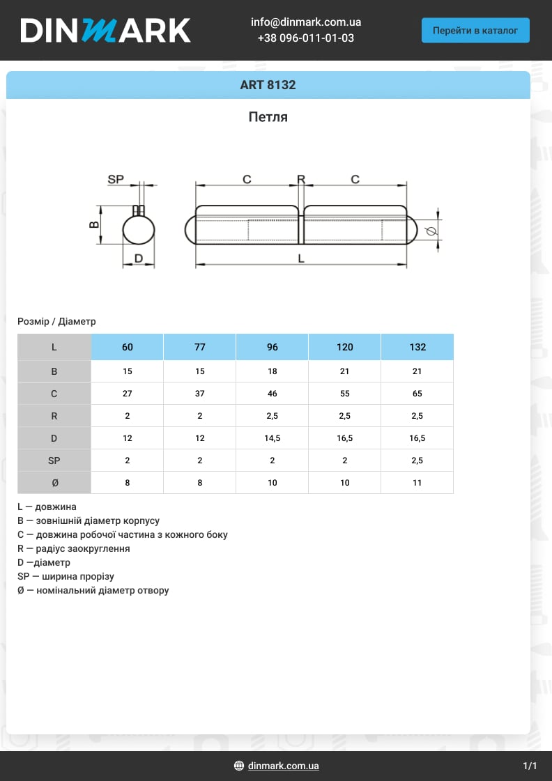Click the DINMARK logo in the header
(x=105, y=31)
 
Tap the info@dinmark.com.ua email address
(x=306, y=22)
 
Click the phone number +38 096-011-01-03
(x=306, y=38)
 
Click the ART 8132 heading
(x=268, y=85)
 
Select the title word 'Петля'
(x=268, y=117)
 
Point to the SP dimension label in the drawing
(x=116, y=180)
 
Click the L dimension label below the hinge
(x=301, y=258)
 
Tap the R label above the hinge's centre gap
(x=301, y=180)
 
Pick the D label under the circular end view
(x=139, y=258)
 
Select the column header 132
(x=417, y=347)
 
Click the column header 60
(x=127, y=347)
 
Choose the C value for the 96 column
(x=272, y=394)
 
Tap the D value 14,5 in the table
(x=272, y=438)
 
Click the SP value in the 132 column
(x=417, y=461)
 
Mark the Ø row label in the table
(x=54, y=483)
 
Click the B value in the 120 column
(x=344, y=371)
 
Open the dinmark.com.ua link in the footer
(x=283, y=766)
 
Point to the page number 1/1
(x=530, y=766)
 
